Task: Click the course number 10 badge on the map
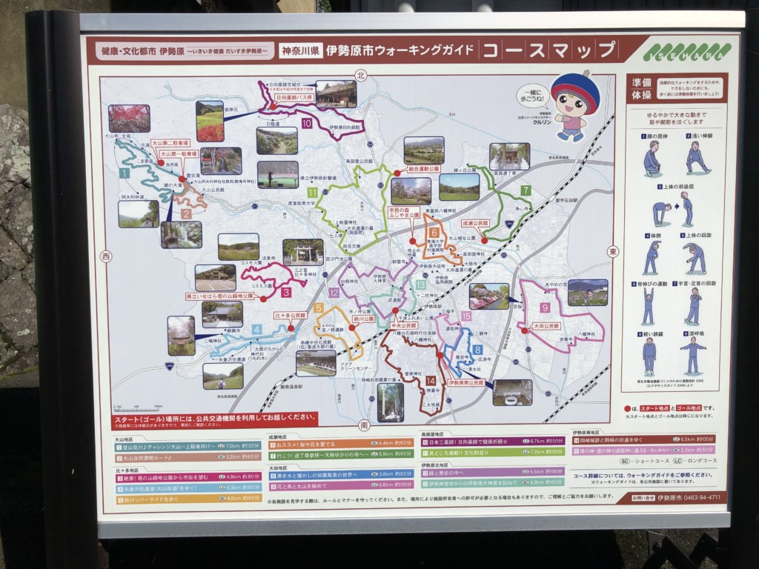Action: (306, 124)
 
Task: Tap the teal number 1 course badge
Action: (125, 173)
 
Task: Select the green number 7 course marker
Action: (525, 190)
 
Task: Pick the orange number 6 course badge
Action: (434, 232)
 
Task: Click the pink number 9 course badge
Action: (545, 307)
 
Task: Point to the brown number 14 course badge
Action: (431, 381)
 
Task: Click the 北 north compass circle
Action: (361, 75)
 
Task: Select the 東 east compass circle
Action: (612, 251)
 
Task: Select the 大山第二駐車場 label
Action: (170, 142)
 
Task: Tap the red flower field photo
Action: (210, 122)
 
